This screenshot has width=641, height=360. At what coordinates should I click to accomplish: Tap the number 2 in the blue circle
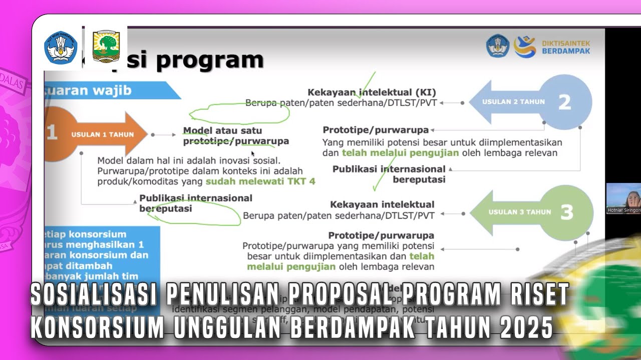pos(564,102)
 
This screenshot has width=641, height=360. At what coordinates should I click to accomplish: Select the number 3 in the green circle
pos(566,212)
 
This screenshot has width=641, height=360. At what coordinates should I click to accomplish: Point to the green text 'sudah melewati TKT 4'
pos(260,181)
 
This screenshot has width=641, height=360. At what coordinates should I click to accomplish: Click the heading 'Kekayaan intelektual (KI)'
pos(372,92)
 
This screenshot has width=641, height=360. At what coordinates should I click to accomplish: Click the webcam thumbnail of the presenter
pos(623,198)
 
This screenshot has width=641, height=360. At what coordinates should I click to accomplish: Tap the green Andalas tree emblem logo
pos(106,47)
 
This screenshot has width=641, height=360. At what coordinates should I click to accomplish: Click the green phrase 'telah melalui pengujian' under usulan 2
pos(400,153)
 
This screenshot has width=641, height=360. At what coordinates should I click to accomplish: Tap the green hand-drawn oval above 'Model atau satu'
pos(239,113)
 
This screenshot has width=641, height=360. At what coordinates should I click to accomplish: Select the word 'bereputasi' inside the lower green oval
pos(166,208)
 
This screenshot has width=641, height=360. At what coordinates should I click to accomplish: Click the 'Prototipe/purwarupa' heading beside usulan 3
pos(381,235)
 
